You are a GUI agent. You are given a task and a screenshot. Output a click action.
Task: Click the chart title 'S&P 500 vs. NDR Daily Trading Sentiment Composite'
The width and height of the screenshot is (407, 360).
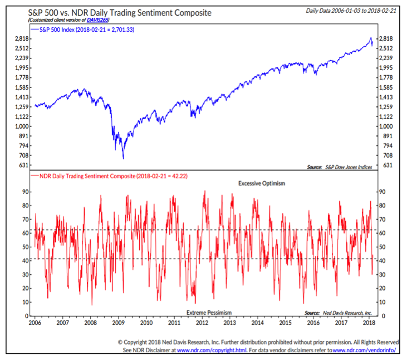tap(109, 12)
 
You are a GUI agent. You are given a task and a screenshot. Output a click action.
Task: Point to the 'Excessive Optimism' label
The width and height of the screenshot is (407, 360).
tap(261, 183)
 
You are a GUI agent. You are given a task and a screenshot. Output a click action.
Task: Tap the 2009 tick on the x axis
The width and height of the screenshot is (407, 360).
tap(117, 323)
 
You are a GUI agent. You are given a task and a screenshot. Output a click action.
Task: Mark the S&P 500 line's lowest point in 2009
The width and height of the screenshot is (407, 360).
tap(123, 159)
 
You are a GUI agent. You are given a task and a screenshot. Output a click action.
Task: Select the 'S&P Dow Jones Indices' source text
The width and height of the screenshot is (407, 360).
tap(350, 167)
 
